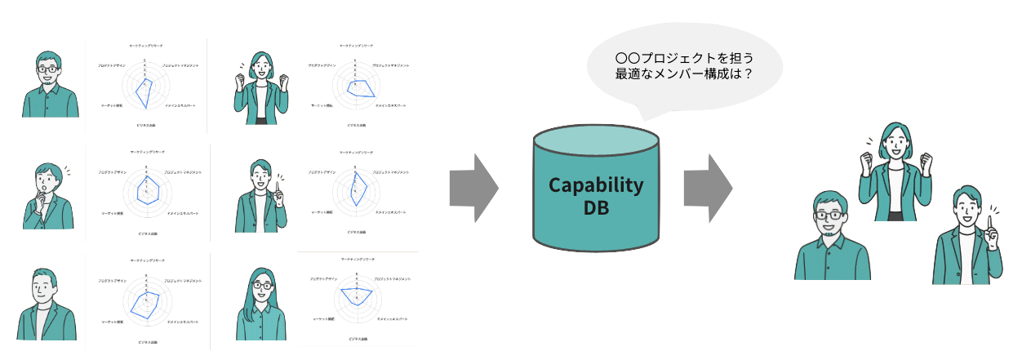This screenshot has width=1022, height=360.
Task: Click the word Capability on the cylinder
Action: (595, 184)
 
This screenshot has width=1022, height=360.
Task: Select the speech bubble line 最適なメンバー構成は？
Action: (683, 74)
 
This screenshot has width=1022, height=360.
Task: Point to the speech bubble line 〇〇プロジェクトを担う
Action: (683, 58)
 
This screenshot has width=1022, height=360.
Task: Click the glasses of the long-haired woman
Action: (262, 287)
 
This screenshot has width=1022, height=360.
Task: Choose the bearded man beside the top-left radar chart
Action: (50, 85)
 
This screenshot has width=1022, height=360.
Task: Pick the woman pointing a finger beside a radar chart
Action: (261, 196)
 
